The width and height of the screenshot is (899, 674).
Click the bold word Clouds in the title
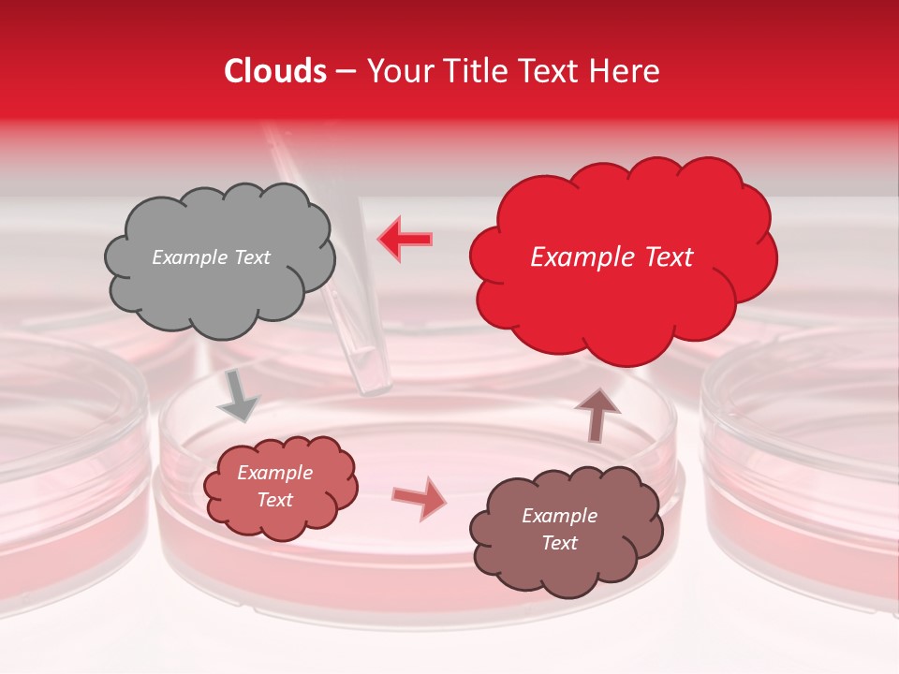[275, 71]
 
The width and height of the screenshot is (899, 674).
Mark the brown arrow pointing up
[597, 415]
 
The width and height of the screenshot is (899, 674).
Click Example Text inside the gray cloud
[211, 257]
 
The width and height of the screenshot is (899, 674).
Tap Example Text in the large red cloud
[612, 257]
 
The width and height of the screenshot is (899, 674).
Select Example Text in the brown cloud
[559, 529]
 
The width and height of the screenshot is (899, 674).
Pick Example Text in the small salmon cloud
[274, 486]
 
